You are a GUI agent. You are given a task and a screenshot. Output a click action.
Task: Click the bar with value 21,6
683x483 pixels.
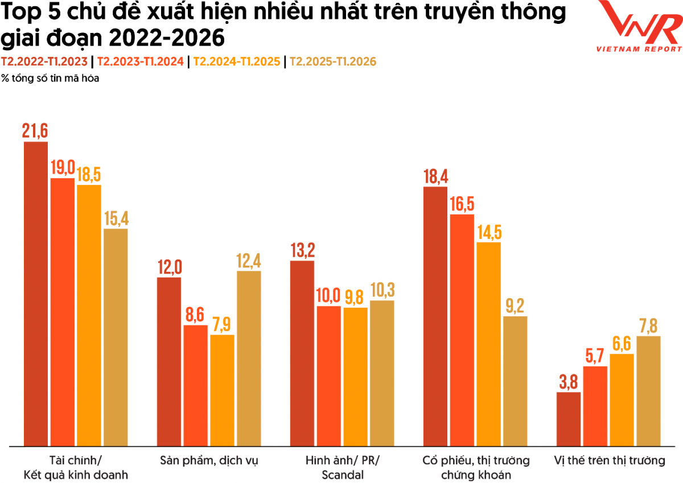coord(35,293)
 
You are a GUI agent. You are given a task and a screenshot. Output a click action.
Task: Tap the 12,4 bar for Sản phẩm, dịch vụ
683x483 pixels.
coord(249,358)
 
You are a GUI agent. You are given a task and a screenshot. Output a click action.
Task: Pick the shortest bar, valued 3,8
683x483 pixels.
coord(568,418)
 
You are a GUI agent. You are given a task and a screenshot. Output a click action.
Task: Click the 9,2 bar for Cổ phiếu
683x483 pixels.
coord(515,381)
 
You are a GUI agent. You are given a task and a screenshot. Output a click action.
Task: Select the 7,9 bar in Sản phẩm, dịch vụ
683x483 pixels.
coord(222,390)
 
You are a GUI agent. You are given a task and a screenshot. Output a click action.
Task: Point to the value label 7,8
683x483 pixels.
coord(648,326)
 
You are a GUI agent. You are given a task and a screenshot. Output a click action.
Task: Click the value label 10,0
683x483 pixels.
coord(329,296)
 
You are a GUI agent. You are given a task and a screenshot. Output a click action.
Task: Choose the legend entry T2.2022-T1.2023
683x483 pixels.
coord(44,61)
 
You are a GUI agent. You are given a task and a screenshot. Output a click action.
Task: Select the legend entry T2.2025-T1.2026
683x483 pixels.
coord(334,61)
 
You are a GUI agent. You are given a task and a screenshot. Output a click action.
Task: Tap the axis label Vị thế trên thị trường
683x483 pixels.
coord(609,460)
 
